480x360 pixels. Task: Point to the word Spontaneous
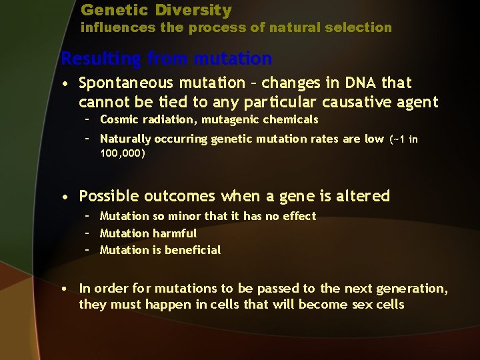tap(123, 83)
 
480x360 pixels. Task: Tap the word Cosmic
tap(117, 120)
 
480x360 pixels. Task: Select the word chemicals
tap(293, 120)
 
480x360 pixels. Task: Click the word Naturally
tap(125, 139)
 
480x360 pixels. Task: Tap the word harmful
tap(175, 233)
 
